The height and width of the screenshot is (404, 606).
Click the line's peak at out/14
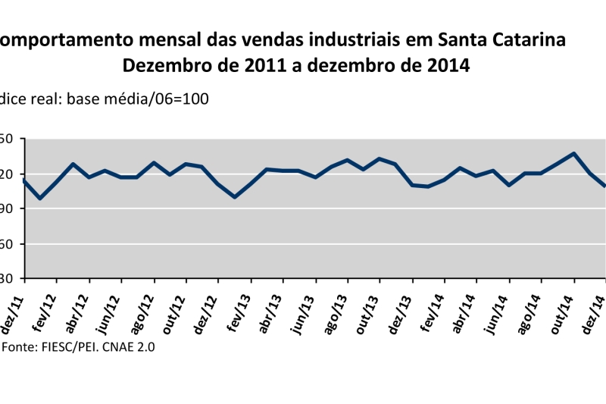(573, 153)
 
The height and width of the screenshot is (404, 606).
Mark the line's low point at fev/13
(235, 197)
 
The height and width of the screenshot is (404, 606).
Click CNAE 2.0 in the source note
(126, 346)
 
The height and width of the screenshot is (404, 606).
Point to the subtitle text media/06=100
(158, 99)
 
